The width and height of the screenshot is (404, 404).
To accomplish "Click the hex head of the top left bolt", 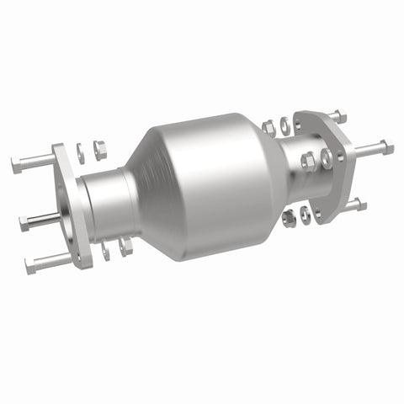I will click(x=18, y=165).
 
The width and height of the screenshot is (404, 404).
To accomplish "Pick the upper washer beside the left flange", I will click(x=81, y=153).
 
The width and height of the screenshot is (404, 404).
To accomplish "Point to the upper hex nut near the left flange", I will click(x=98, y=150).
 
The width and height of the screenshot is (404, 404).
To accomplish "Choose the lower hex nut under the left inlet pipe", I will click(x=126, y=247).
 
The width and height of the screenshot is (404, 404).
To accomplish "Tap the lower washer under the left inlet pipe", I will click(x=107, y=251).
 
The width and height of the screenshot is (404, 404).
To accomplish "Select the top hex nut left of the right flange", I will click(x=269, y=128).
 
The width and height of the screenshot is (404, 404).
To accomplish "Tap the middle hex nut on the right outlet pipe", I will click(x=307, y=160).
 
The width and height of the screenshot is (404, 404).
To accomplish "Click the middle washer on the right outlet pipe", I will click(x=325, y=156).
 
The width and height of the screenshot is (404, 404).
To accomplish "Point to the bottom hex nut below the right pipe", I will click(x=289, y=220).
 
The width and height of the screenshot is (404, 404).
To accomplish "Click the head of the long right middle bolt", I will click(x=387, y=148).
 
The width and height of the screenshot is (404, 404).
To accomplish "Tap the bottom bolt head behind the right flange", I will click(x=360, y=205).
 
